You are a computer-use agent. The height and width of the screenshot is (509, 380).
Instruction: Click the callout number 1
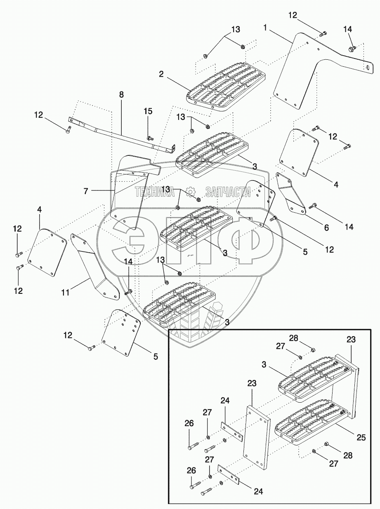(x=265, y=28)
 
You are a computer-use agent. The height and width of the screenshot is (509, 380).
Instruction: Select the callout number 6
(x=327, y=227)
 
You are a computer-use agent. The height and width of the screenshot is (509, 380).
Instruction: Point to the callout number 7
(x=86, y=191)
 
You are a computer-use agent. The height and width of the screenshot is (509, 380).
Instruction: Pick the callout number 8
(x=121, y=94)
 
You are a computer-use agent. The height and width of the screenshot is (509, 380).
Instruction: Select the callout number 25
(x=361, y=438)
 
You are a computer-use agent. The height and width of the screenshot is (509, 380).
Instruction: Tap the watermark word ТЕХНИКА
(x=154, y=191)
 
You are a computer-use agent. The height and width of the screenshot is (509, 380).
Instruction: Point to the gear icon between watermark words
(x=190, y=191)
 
